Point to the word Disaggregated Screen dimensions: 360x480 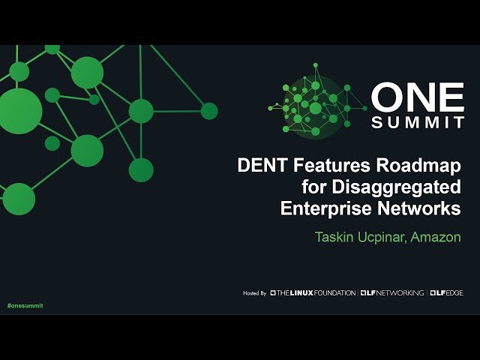(396, 187)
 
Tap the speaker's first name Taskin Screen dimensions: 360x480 (337, 237)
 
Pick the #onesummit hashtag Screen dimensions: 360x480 (25, 306)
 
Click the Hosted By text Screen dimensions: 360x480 (255, 292)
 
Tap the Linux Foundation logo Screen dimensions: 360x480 (313, 292)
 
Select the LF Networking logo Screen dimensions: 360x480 (392, 292)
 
